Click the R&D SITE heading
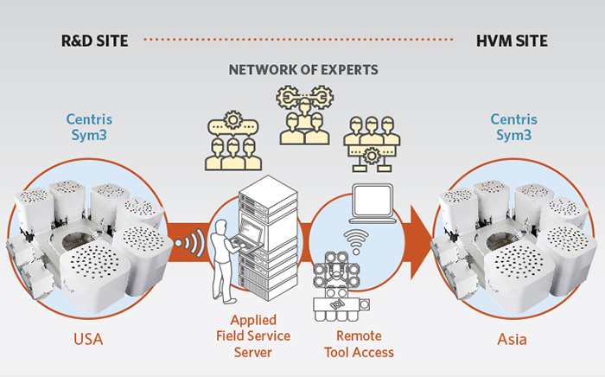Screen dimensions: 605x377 [94, 41]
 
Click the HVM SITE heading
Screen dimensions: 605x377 [512, 41]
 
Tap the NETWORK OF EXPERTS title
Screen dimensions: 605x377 [303, 70]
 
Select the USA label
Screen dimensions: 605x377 [88, 339]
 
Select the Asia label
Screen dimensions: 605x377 [512, 339]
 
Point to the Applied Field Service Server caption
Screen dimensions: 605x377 [253, 336]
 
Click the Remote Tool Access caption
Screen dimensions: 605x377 [359, 344]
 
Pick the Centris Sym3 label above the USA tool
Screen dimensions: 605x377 [89, 127]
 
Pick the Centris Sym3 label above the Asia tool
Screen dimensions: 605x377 [513, 127]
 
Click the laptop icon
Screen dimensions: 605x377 [373, 203]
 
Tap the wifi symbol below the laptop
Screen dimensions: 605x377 [356, 241]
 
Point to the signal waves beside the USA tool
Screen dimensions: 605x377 [190, 243]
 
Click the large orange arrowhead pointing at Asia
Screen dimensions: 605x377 [422, 242]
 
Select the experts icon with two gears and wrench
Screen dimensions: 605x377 [305, 115]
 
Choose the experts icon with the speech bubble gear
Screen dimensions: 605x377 [233, 140]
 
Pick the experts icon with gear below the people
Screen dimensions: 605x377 [372, 144]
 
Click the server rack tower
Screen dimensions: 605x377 [269, 238]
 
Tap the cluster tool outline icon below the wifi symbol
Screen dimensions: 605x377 [341, 286]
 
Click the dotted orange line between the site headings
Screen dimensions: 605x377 [298, 40]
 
